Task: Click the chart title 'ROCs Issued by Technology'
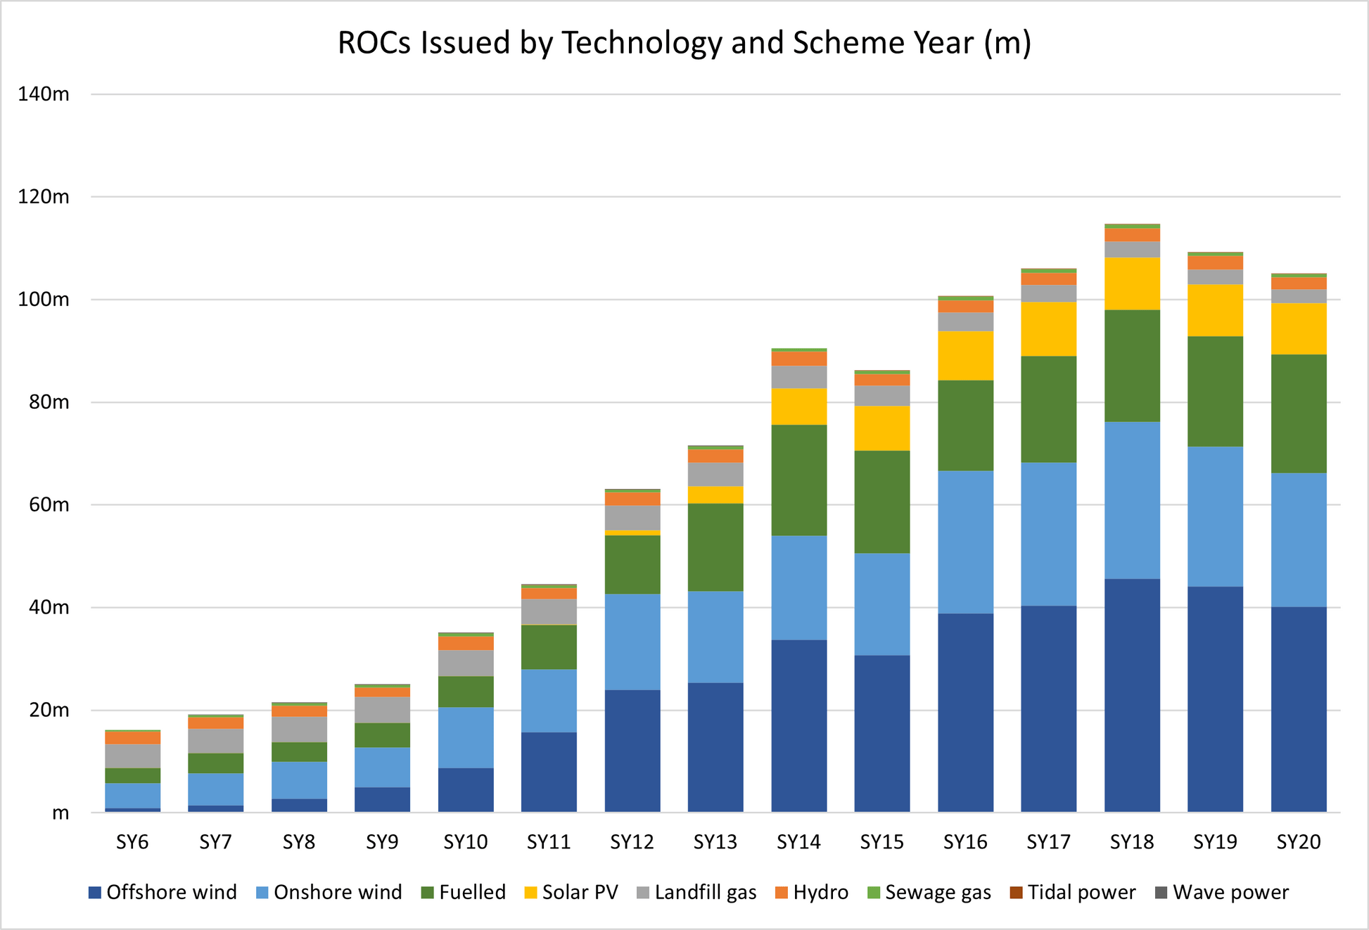[684, 43]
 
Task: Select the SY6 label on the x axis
[132, 842]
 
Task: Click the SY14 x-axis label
[798, 842]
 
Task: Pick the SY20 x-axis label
[1299, 842]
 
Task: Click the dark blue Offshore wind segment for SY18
[1132, 696]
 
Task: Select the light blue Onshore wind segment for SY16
[965, 542]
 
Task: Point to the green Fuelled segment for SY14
[798, 480]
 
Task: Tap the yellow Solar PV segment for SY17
[1048, 329]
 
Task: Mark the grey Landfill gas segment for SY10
[466, 663]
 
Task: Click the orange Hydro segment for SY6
[132, 738]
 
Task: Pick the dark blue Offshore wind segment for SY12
[632, 751]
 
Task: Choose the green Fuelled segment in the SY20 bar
[1299, 413]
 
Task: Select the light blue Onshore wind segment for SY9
[382, 767]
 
